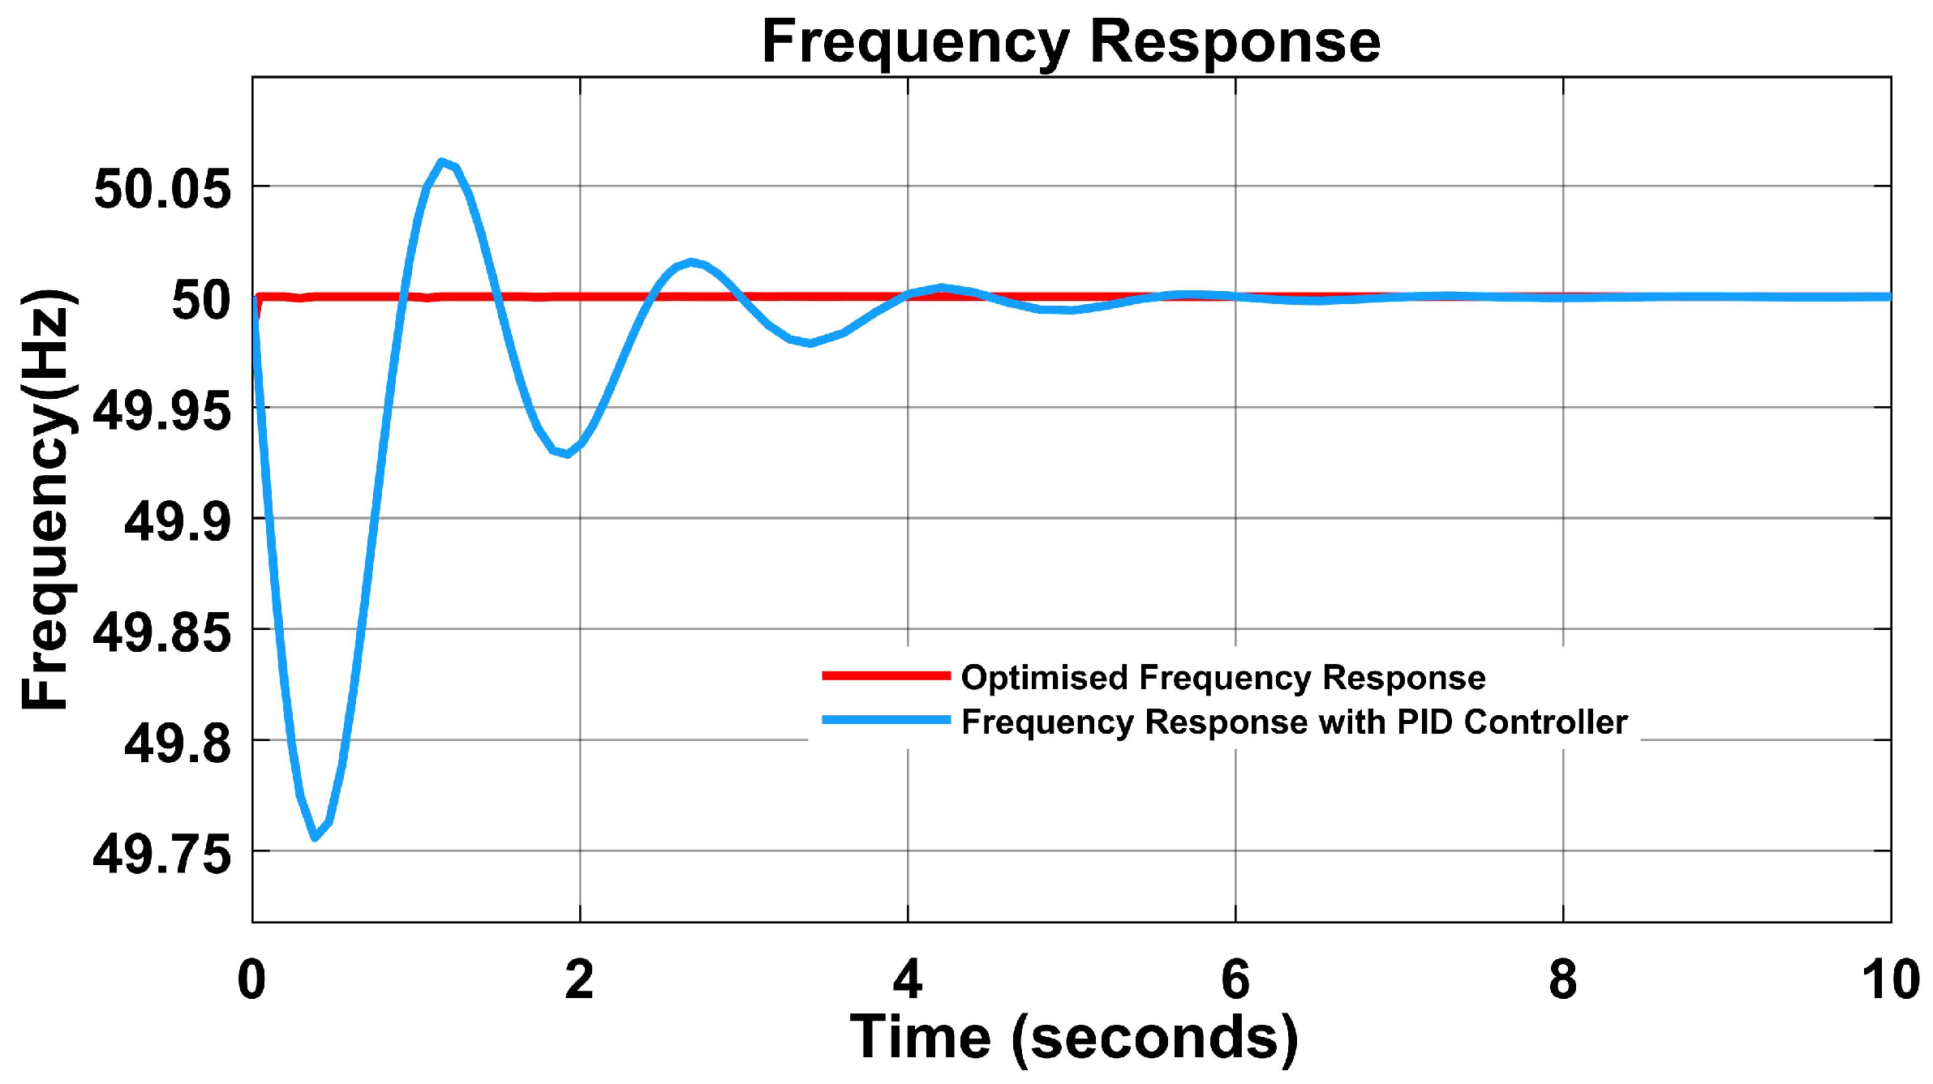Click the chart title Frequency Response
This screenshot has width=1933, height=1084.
click(x=1070, y=41)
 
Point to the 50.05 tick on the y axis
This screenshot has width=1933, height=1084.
click(x=162, y=190)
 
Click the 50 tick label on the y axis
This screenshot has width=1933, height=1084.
click(x=200, y=301)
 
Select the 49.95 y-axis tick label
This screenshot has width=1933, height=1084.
click(x=161, y=411)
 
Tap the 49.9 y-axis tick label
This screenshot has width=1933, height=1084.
click(x=177, y=521)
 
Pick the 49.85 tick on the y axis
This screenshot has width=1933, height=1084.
click(x=161, y=632)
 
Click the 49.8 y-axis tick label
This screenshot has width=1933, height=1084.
click(x=177, y=743)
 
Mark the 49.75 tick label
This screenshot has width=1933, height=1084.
click(x=161, y=855)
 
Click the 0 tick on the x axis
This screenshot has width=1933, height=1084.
click(x=251, y=979)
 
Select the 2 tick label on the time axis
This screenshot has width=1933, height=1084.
click(x=579, y=979)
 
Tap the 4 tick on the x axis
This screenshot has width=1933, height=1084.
click(x=907, y=979)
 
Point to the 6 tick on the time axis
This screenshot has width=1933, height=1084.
click(x=1235, y=979)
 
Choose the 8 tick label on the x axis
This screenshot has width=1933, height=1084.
click(x=1562, y=979)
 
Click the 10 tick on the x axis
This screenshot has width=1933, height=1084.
click(x=1890, y=979)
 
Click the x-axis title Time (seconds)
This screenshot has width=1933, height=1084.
click(x=1072, y=1039)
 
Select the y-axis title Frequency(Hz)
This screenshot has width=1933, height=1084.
click(x=47, y=499)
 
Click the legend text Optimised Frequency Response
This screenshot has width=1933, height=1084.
click(x=1222, y=677)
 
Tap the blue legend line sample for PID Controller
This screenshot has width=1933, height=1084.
click(x=885, y=720)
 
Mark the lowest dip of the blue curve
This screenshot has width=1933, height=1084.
click(x=315, y=838)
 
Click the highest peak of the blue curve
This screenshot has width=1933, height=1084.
click(x=440, y=161)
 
